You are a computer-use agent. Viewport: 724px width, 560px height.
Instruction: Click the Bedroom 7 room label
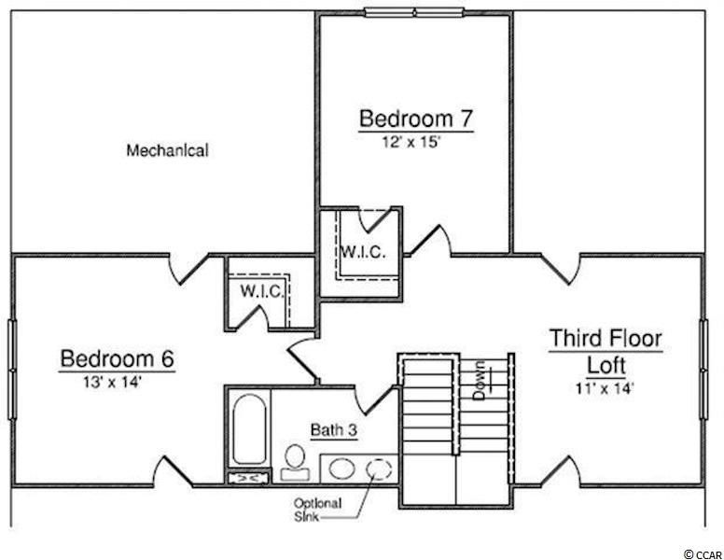click(x=416, y=119)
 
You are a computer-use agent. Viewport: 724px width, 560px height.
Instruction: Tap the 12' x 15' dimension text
click(x=410, y=142)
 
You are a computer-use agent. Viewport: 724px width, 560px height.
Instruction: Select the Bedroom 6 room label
click(x=118, y=358)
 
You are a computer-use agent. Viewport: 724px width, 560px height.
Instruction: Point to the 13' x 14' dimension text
click(x=112, y=382)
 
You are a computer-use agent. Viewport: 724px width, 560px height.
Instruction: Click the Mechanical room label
click(x=168, y=150)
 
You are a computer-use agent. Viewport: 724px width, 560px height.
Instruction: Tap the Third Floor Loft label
click(x=606, y=351)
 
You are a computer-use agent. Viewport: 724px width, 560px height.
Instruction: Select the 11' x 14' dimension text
click(x=604, y=388)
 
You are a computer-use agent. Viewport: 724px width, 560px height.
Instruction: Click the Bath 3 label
click(x=334, y=429)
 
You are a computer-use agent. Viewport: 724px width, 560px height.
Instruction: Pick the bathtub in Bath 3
click(x=249, y=428)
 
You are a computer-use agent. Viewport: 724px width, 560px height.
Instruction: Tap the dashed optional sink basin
click(x=379, y=469)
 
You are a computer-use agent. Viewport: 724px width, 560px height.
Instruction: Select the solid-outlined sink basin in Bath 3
click(x=342, y=469)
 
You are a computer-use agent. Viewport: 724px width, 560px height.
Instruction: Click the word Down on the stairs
click(x=480, y=380)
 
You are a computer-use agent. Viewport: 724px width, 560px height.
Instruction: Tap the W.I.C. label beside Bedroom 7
click(x=363, y=252)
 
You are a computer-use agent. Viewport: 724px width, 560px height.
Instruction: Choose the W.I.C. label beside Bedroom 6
click(x=261, y=291)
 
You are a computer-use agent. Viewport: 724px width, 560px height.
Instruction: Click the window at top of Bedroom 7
click(x=414, y=12)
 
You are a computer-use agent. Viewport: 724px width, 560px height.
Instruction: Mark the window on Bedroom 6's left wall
click(x=12, y=370)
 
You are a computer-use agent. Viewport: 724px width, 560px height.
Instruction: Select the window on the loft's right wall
click(x=703, y=370)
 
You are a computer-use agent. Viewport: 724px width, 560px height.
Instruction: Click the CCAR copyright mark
click(x=703, y=553)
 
